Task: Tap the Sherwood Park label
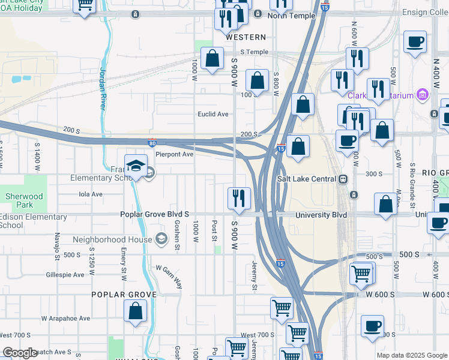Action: (x=25, y=200)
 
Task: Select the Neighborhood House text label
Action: (x=112, y=239)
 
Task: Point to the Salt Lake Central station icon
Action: (x=343, y=179)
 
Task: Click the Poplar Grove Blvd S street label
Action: (x=155, y=214)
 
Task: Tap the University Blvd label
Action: (x=321, y=214)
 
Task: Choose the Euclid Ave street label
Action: (x=214, y=114)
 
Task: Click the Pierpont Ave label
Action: (x=175, y=154)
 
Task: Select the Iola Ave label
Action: (x=91, y=194)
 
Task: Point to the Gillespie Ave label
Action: (x=65, y=275)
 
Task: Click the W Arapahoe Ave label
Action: (x=65, y=318)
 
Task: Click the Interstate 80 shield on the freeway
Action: (x=153, y=142)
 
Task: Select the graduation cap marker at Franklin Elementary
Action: (x=136, y=166)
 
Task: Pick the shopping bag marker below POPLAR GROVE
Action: (x=136, y=311)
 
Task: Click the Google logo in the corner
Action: (x=20, y=353)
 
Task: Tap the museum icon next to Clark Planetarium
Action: (x=423, y=95)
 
